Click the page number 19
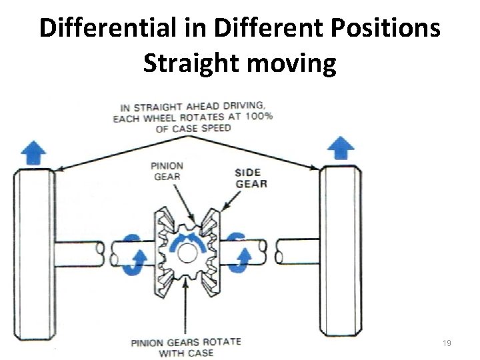(447, 343)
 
